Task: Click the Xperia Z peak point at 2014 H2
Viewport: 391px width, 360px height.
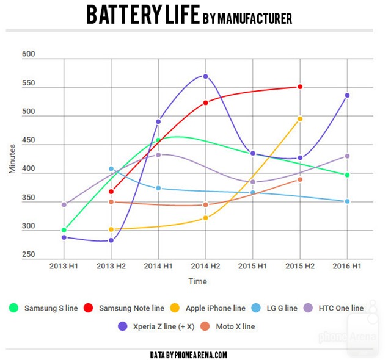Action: click(205, 76)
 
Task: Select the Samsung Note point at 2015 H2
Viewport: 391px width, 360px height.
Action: click(300, 87)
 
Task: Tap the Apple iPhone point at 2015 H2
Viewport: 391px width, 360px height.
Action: click(300, 119)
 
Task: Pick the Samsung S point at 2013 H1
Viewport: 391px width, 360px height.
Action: click(64, 230)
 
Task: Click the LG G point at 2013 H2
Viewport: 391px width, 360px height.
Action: click(111, 168)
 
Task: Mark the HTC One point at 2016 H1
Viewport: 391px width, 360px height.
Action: click(347, 156)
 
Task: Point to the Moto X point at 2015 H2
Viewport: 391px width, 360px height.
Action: click(300, 179)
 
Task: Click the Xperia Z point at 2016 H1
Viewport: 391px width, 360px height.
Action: click(347, 95)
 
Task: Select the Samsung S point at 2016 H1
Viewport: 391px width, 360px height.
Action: click(347, 175)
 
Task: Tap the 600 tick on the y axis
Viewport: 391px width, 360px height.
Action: click(29, 54)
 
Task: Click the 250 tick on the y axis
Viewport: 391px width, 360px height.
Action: click(29, 255)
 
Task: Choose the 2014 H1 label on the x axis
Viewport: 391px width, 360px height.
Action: click(158, 267)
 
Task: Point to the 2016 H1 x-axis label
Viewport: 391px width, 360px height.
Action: click(347, 267)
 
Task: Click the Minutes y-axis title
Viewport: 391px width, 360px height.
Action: click(12, 158)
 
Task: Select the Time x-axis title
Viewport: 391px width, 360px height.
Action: click(197, 281)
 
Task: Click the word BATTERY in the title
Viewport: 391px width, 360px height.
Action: click(125, 15)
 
